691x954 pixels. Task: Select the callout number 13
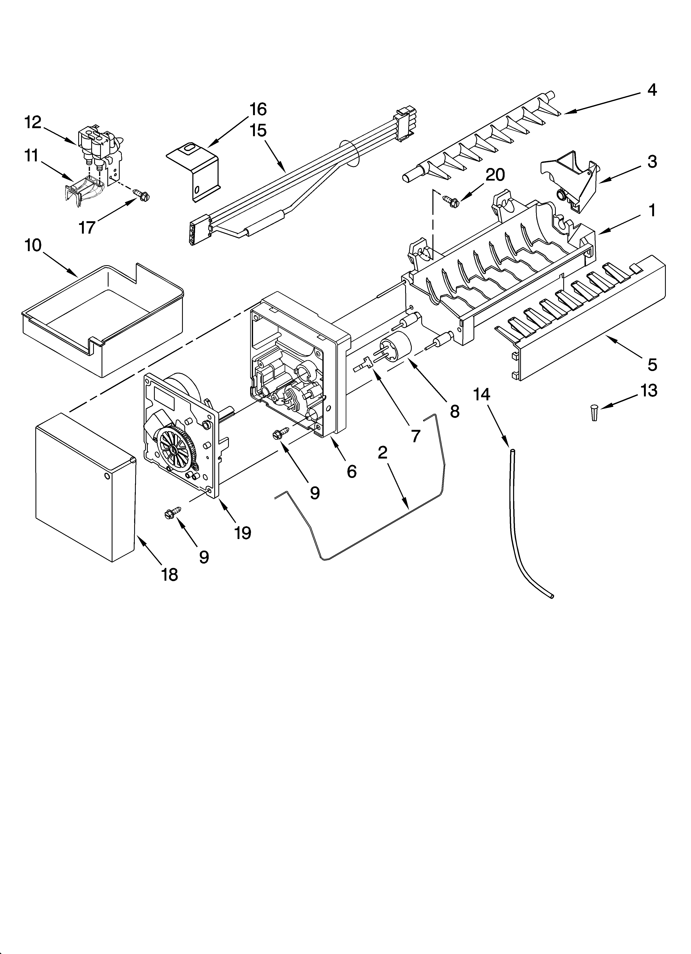pyautogui.click(x=648, y=390)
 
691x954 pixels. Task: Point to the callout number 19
pyautogui.click(x=243, y=533)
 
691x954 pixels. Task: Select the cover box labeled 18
pyautogui.click(x=84, y=488)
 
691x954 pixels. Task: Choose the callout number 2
pyautogui.click(x=382, y=452)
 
